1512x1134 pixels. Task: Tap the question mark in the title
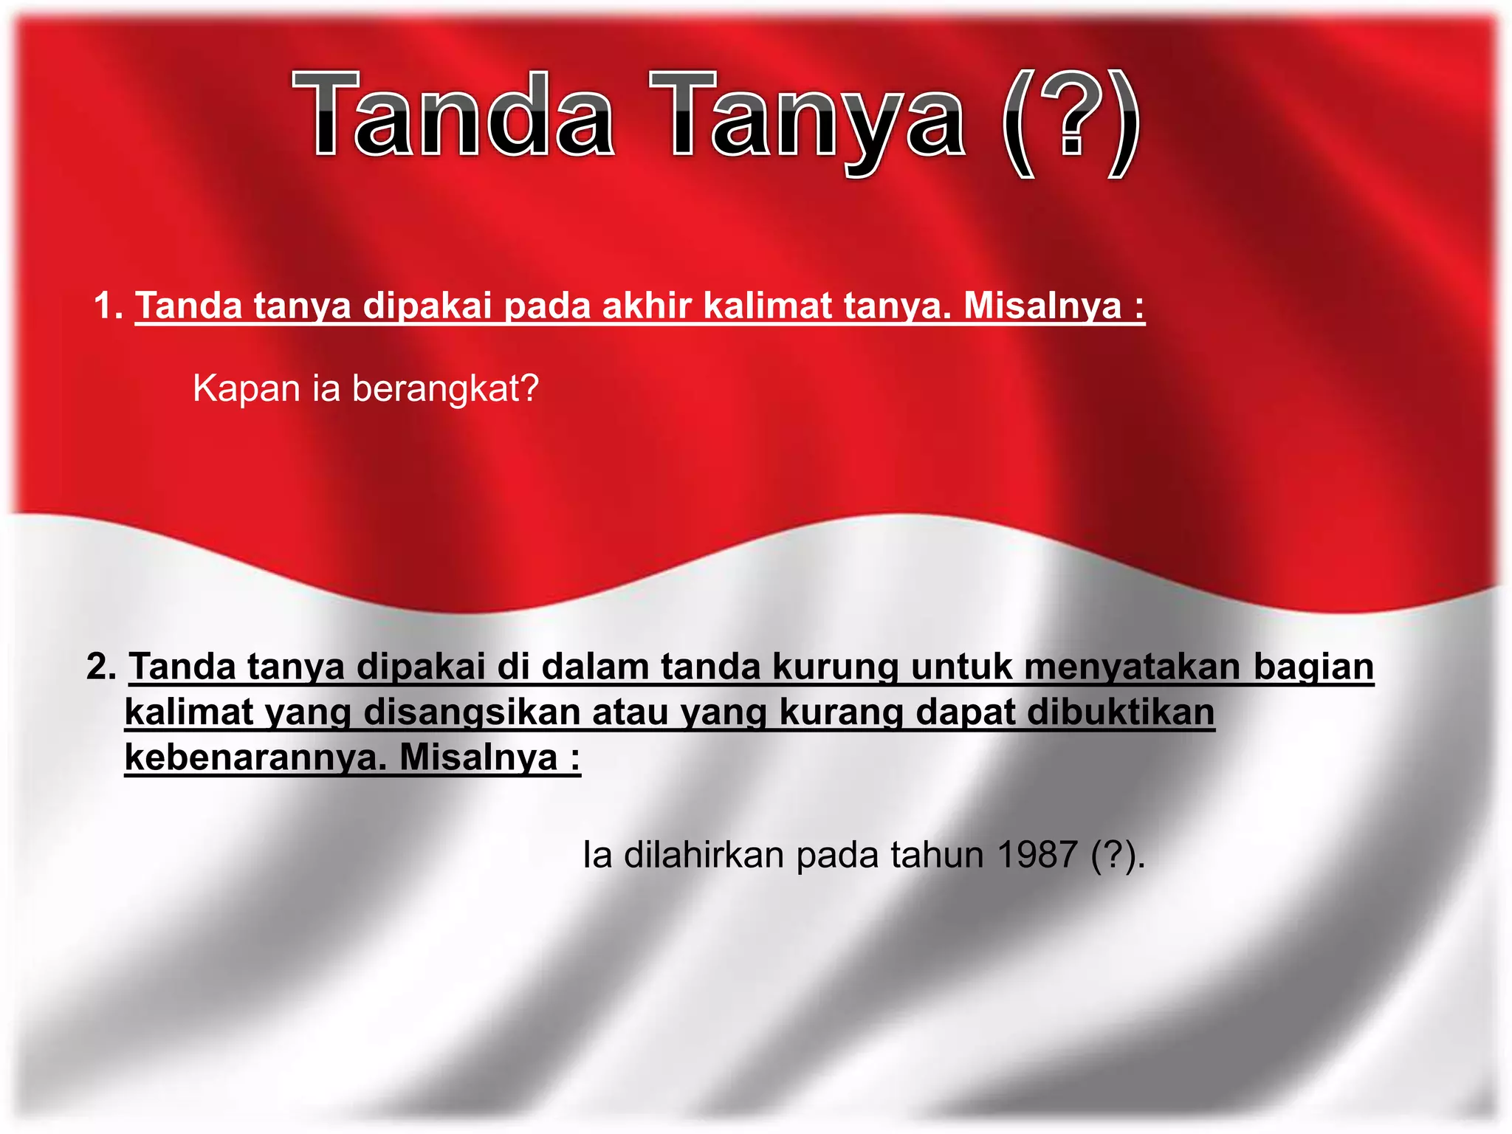coord(1072,118)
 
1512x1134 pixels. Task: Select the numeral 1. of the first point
coord(109,306)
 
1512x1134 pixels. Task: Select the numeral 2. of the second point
coord(102,666)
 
